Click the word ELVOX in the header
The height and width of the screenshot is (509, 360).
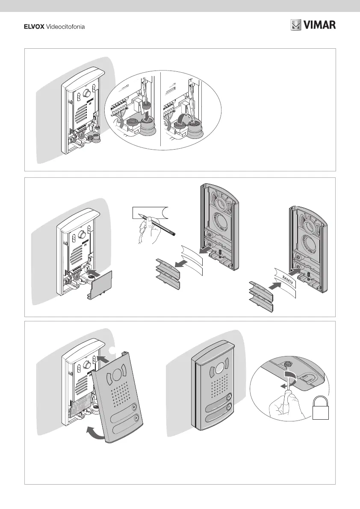pyautogui.click(x=33, y=27)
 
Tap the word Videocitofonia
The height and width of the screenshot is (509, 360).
pyautogui.click(x=65, y=27)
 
